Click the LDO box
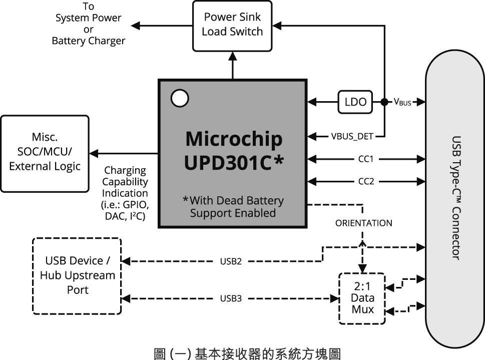click(x=355, y=102)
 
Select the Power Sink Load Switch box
click(x=232, y=25)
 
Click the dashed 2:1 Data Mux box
click(x=362, y=298)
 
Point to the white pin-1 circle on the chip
click(x=179, y=98)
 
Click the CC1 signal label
click(x=366, y=159)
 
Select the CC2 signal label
click(x=366, y=181)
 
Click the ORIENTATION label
click(x=364, y=223)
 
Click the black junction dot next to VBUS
click(x=384, y=102)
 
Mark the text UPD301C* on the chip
click(x=233, y=163)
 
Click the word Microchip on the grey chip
click(x=233, y=139)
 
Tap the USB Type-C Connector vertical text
click(x=455, y=197)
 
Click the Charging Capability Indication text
click(x=125, y=193)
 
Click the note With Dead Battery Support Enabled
click(x=233, y=206)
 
